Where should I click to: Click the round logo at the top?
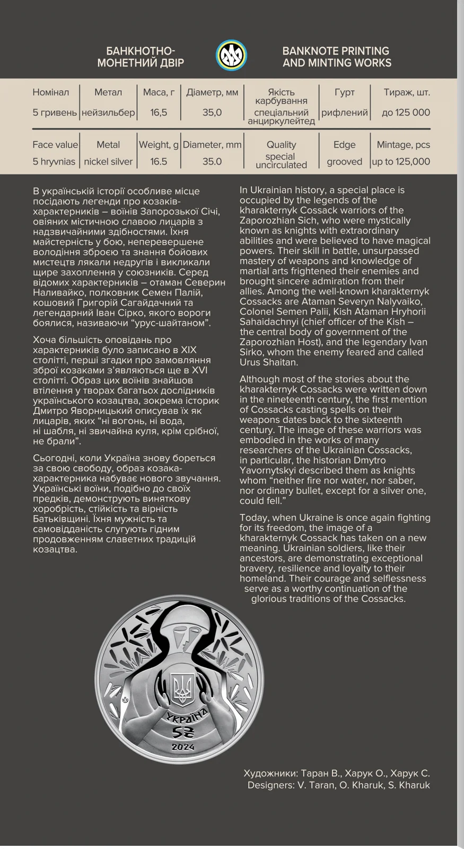click(x=232, y=56)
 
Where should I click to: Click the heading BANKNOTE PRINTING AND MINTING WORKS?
click(x=337, y=57)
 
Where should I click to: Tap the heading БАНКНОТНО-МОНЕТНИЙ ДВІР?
click(x=141, y=57)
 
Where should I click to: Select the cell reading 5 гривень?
click(x=55, y=112)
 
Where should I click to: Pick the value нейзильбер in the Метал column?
click(x=108, y=112)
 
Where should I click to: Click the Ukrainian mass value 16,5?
click(x=159, y=112)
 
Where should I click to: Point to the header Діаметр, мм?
click(x=212, y=92)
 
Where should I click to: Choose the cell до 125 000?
click(x=406, y=112)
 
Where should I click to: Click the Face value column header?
click(x=55, y=145)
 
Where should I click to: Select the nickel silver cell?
click(x=108, y=162)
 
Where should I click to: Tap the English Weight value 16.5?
click(x=159, y=162)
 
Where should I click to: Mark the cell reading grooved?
click(x=344, y=162)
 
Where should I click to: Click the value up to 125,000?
click(x=401, y=162)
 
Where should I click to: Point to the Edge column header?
click(x=344, y=145)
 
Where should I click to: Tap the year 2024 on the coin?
click(x=182, y=747)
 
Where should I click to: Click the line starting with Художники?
click(x=337, y=773)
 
